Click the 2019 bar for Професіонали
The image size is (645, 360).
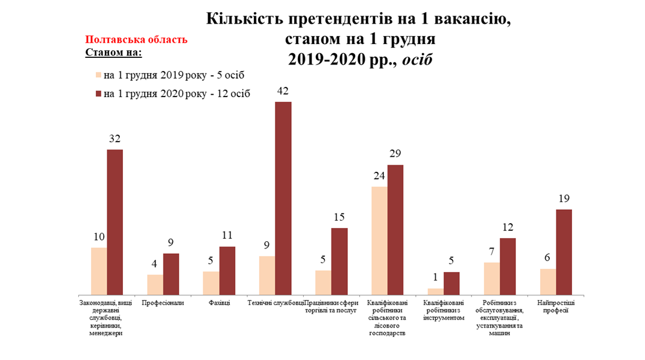click(x=155, y=284)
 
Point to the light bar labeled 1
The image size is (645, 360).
click(x=435, y=291)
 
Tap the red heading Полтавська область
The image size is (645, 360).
click(x=136, y=40)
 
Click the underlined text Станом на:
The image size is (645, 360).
click(x=113, y=52)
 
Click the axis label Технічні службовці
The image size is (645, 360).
click(x=275, y=303)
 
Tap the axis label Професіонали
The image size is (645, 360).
click(x=163, y=303)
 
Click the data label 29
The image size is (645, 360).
click(x=395, y=153)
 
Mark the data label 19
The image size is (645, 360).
click(x=564, y=198)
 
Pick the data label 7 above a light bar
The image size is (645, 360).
click(x=491, y=251)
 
